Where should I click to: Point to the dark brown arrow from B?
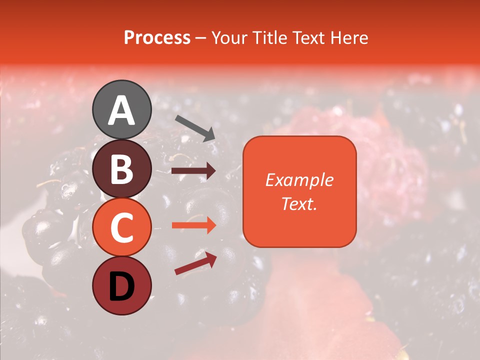tap(193, 171)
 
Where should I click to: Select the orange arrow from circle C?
tap(193, 225)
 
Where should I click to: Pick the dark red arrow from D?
tap(195, 264)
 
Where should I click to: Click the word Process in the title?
tap(157, 38)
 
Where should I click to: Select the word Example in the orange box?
tap(299, 180)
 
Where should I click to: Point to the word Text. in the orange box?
tap(299, 203)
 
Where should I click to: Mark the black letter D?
tap(121, 286)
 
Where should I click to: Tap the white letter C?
tap(121, 228)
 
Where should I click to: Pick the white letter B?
tap(121, 169)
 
